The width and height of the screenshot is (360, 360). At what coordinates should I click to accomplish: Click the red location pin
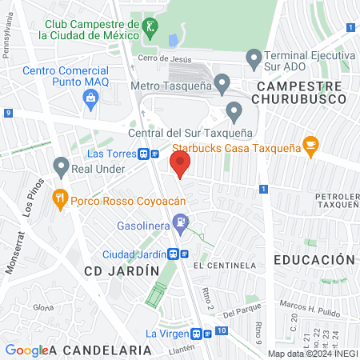pos(180,164)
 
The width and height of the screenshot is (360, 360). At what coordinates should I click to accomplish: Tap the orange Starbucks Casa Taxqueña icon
pos(311,146)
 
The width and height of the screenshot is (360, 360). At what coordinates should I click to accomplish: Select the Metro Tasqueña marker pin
pos(223,82)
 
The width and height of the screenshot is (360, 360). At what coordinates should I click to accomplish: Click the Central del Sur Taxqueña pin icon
pos(234,110)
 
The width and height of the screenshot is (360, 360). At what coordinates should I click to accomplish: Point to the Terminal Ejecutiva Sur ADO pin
pos(254,57)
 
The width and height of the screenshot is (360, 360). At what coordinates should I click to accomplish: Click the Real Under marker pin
pos(61,166)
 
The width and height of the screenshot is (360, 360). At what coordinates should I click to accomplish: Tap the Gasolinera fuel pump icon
pos(183,224)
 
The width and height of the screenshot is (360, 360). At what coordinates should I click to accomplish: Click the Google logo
pos(26,350)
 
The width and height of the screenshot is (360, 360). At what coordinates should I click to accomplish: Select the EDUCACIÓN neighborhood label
pos(314,260)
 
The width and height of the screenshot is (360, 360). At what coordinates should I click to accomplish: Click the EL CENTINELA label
pos(230,265)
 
